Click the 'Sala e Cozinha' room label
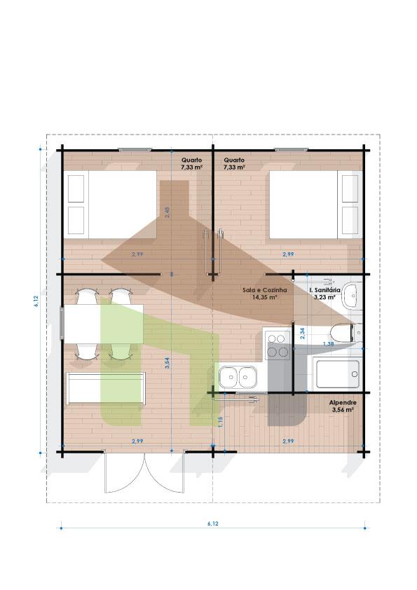[x=265, y=290]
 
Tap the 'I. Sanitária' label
[x=324, y=290]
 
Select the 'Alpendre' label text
[x=343, y=403]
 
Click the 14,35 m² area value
[x=265, y=297]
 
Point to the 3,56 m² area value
[x=343, y=409]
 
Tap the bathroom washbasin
[x=353, y=296]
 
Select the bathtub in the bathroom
[x=337, y=374]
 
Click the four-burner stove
[x=278, y=345]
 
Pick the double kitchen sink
[x=238, y=377]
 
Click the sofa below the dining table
[x=106, y=388]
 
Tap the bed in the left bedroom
[x=109, y=205]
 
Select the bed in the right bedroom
[x=316, y=205]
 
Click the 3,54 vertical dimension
[x=168, y=363]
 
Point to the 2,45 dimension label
[x=168, y=212]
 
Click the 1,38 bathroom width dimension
[x=329, y=344]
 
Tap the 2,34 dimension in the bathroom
[x=302, y=334]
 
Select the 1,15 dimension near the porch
[x=221, y=421]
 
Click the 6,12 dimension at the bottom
[x=212, y=523]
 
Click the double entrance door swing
[x=144, y=472]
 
